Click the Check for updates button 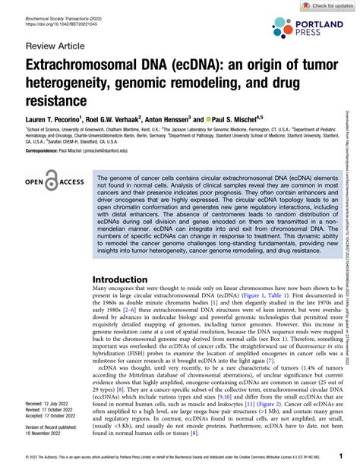click(x=327, y=6)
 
